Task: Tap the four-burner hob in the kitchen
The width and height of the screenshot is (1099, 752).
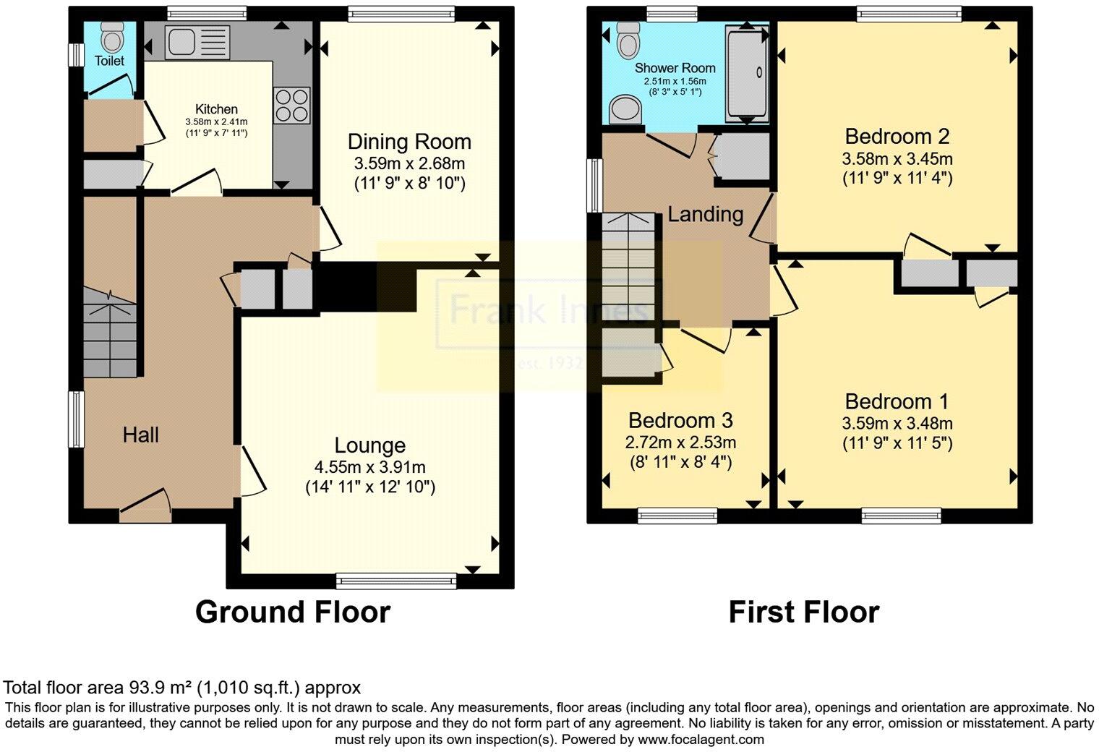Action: (x=291, y=106)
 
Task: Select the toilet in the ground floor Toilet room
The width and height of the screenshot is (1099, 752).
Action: (x=111, y=35)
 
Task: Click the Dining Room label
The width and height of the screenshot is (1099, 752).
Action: (x=409, y=142)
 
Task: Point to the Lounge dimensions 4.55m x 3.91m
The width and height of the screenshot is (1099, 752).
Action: (x=369, y=468)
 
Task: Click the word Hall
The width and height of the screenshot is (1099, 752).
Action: (x=140, y=435)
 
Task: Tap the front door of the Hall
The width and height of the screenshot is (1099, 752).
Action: (x=145, y=507)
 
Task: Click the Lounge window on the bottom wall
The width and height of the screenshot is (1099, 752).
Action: (x=396, y=579)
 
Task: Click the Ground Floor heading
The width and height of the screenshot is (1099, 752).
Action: (x=293, y=612)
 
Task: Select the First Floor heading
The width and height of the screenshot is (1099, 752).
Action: (x=803, y=612)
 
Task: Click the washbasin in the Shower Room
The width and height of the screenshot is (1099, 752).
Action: (x=624, y=111)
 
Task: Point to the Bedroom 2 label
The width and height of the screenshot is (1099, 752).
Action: (x=897, y=136)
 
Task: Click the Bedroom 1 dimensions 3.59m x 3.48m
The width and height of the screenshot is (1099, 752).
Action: (x=897, y=424)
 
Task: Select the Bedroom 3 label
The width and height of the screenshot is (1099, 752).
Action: (x=680, y=420)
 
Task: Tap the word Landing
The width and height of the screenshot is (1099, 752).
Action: (x=705, y=214)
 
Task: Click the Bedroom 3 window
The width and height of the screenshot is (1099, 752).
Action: (x=677, y=515)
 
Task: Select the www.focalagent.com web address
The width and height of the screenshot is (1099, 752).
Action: (x=701, y=740)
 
